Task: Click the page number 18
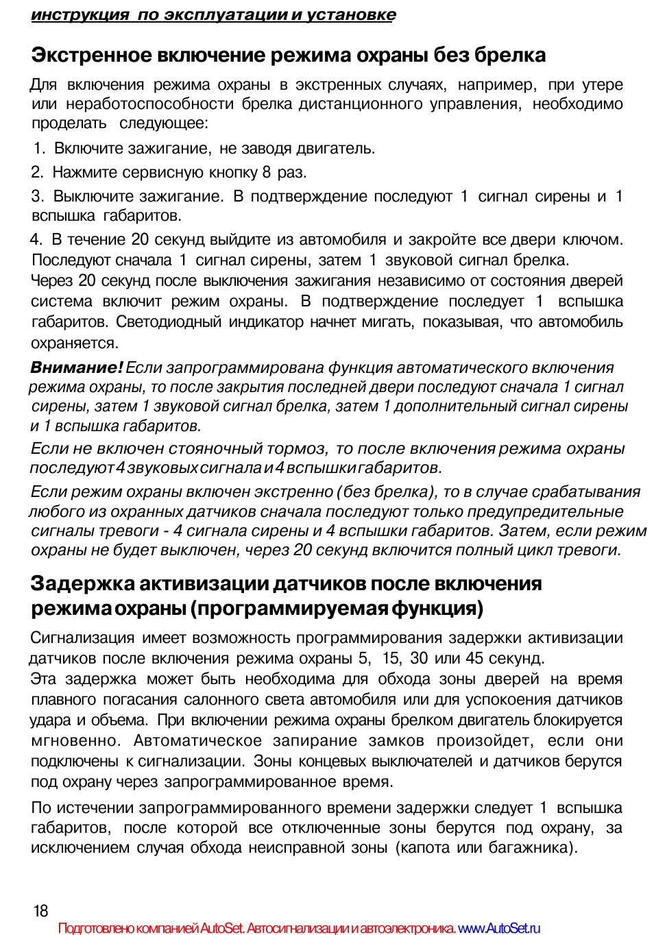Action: click(40, 910)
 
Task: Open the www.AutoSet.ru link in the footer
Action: click(499, 928)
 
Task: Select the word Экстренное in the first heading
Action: click(93, 55)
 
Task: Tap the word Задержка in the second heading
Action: click(82, 583)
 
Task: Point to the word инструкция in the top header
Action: click(80, 15)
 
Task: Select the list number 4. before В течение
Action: click(36, 239)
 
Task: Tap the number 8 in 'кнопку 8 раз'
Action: click(267, 172)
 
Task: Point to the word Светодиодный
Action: click(169, 321)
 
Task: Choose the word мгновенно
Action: click(75, 740)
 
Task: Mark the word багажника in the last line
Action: click(532, 847)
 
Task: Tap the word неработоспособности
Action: click(150, 104)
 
